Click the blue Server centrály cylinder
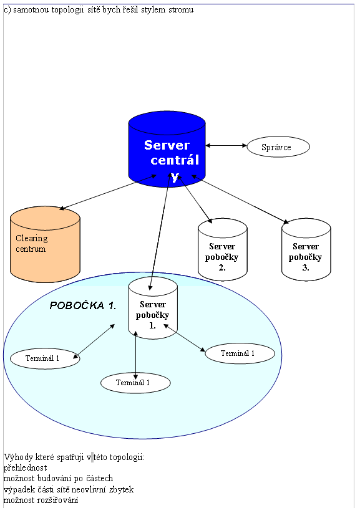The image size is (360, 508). (x=167, y=149)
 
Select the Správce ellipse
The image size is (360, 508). (x=278, y=146)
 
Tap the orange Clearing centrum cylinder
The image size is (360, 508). (x=45, y=244)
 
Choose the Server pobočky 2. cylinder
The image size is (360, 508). (x=223, y=249)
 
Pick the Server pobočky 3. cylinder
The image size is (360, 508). (x=306, y=249)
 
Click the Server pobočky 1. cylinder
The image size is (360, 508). (x=153, y=308)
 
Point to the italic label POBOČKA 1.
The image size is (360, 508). (x=83, y=305)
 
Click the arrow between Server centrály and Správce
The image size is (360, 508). (x=226, y=145)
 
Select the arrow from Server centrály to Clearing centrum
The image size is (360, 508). (x=107, y=192)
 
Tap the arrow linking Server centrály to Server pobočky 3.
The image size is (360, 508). (x=240, y=199)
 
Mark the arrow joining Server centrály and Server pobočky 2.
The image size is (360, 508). (x=195, y=199)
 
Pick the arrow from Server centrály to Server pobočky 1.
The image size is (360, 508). (x=160, y=231)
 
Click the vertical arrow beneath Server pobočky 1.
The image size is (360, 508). (x=135, y=355)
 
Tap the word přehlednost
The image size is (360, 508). (x=26, y=468)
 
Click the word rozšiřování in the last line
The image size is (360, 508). (x=58, y=501)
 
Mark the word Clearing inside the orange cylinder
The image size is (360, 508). (x=32, y=239)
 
